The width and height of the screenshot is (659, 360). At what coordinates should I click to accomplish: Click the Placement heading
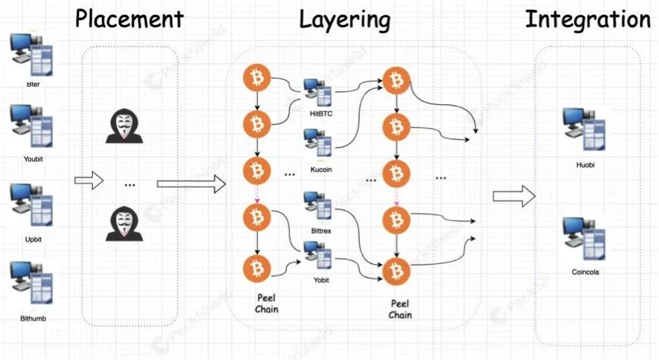pyautogui.click(x=129, y=19)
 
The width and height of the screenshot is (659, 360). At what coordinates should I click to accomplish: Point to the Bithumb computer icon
pyautogui.click(x=31, y=282)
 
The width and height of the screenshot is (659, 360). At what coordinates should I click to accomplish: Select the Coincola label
pyautogui.click(x=584, y=271)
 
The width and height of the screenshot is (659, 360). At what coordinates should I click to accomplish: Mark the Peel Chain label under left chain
pyautogui.click(x=266, y=304)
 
